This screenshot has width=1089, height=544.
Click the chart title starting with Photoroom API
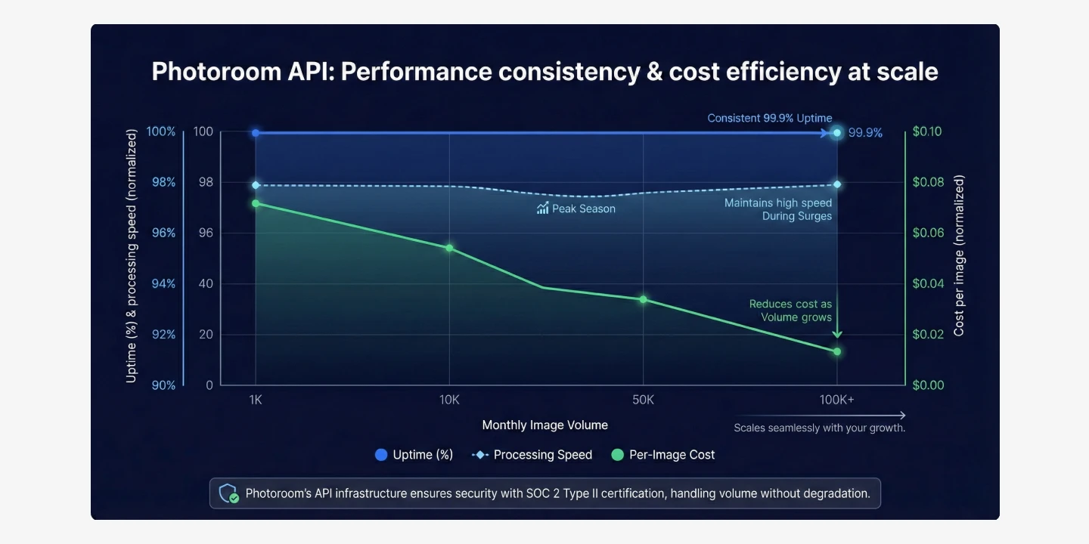(x=544, y=72)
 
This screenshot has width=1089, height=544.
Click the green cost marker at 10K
(x=449, y=248)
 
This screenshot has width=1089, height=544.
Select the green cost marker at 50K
(x=643, y=300)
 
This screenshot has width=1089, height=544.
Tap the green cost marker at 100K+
(x=837, y=351)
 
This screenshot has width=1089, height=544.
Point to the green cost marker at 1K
(x=256, y=203)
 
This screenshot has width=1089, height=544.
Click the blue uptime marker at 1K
(x=256, y=133)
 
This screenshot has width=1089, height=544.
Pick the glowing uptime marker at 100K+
(x=837, y=133)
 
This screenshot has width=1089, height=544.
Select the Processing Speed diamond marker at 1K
(x=256, y=185)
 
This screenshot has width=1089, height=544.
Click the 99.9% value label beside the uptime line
(x=865, y=133)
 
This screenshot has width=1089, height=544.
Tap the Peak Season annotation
(x=576, y=209)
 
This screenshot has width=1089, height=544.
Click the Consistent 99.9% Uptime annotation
(x=769, y=118)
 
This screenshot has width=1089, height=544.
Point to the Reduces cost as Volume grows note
(x=790, y=311)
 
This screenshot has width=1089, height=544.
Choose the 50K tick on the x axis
(x=643, y=400)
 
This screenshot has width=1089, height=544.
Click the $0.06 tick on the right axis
(x=927, y=233)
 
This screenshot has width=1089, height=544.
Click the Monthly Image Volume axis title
(x=544, y=425)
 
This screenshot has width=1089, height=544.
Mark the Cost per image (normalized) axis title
(x=959, y=255)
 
